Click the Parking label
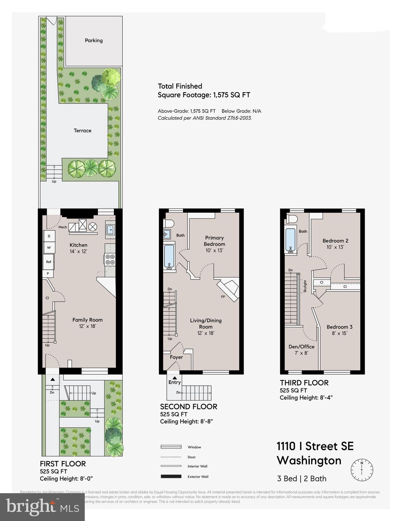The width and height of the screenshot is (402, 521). click(x=94, y=40)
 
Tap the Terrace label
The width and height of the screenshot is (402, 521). click(x=82, y=131)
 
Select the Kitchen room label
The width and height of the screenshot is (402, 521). click(x=78, y=245)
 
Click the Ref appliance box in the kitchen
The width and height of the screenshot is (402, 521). click(x=48, y=262)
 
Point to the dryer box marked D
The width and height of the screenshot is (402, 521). click(x=49, y=236)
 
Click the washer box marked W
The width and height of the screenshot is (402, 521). click(x=49, y=248)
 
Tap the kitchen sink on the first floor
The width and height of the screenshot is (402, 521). click(x=110, y=230)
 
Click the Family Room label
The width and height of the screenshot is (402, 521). click(x=87, y=320)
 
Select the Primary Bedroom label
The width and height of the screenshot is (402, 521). click(x=214, y=241)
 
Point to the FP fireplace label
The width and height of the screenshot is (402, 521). click(x=223, y=297)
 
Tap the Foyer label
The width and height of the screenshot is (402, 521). click(x=176, y=357)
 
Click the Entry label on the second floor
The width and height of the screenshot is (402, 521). click(x=175, y=382)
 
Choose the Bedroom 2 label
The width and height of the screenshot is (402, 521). click(x=335, y=241)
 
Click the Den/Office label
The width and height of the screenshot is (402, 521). click(x=301, y=347)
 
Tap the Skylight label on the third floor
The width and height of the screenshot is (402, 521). click(x=305, y=286)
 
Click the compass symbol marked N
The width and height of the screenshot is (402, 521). click(x=362, y=468)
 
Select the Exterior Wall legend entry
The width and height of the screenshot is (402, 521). click(x=198, y=477)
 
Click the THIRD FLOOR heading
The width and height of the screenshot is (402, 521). click(x=304, y=383)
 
